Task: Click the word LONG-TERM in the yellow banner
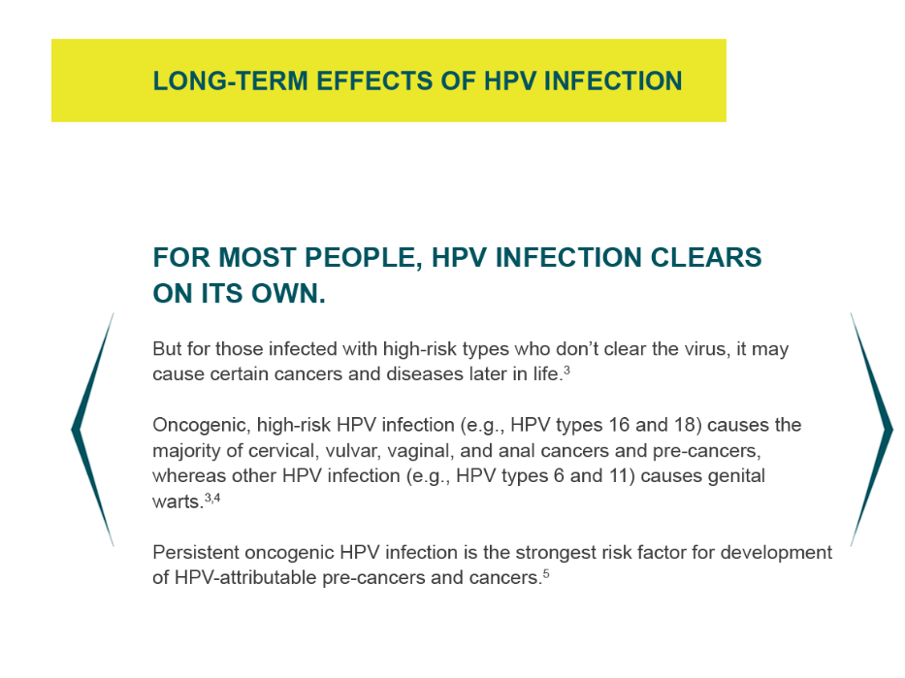pos(230,81)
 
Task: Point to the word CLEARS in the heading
pos(706,257)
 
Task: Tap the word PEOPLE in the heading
pos(360,257)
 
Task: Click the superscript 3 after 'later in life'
pos(566,370)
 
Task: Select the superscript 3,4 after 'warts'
pos(212,497)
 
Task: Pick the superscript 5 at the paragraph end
pos(546,573)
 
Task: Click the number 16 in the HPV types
pos(619,425)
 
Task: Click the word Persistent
pos(196,553)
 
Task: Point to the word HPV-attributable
pos(245,577)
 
